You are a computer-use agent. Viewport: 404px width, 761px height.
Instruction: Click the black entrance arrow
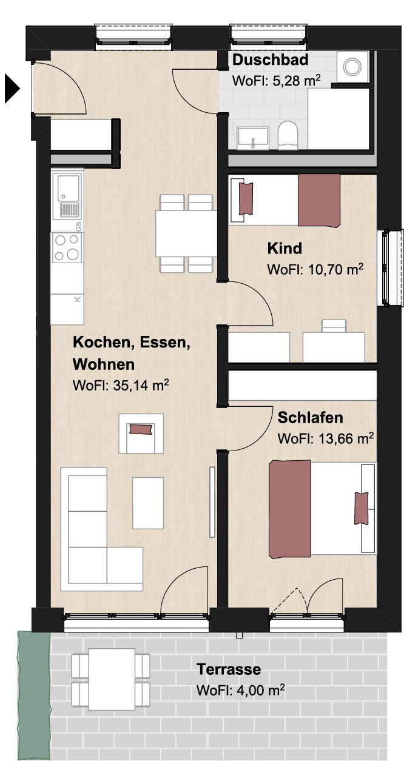(12, 89)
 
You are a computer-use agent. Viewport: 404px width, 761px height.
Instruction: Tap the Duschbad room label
(270, 60)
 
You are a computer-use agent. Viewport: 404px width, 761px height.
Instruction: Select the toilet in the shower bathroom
(288, 135)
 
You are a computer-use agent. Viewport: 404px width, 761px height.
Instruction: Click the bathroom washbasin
(253, 138)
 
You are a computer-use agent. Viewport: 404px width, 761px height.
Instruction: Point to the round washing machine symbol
(352, 67)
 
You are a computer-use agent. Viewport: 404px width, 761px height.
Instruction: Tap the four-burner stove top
(67, 247)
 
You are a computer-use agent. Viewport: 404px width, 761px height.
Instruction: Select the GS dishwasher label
(78, 226)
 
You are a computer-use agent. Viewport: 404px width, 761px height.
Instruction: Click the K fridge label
(78, 299)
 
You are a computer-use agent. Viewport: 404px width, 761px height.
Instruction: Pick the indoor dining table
(186, 233)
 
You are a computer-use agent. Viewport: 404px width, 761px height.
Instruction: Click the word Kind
(284, 249)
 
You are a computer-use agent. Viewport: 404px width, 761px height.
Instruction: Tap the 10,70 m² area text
(335, 269)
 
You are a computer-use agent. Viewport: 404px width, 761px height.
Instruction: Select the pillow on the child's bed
(246, 199)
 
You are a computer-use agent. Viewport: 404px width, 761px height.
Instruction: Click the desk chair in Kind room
(334, 326)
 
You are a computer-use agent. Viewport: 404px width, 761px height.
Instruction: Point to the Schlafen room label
(310, 418)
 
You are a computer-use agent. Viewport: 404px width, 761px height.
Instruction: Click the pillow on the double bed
(361, 508)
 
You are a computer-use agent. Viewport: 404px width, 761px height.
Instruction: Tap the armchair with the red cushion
(141, 434)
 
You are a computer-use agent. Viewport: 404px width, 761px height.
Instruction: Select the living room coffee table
(148, 503)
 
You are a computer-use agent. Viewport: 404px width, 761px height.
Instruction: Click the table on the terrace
(112, 679)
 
